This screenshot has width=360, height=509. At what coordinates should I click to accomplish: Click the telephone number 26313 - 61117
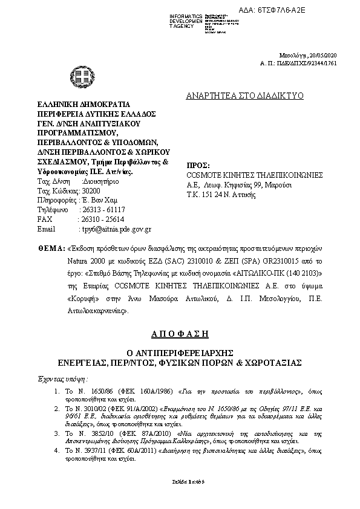point(102,210)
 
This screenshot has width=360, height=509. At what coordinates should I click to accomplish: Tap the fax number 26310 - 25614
point(102,219)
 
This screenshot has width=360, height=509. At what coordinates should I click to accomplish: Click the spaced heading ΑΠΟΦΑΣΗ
point(180,333)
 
